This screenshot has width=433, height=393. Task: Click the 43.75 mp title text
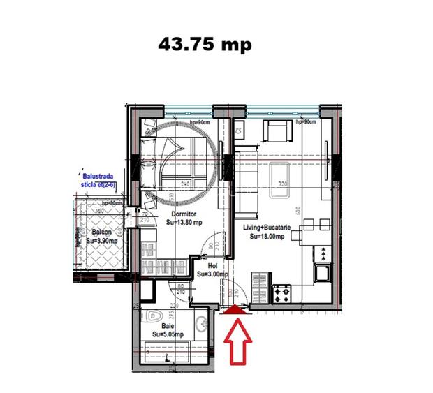click(x=204, y=44)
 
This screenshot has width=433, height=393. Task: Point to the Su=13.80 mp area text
click(x=184, y=223)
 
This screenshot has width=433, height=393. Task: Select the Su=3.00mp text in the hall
click(x=212, y=274)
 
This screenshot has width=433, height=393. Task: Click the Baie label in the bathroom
click(x=168, y=326)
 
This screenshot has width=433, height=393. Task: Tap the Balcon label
click(x=102, y=232)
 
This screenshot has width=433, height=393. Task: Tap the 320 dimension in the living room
click(x=283, y=185)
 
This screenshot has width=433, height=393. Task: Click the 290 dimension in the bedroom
click(x=186, y=184)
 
